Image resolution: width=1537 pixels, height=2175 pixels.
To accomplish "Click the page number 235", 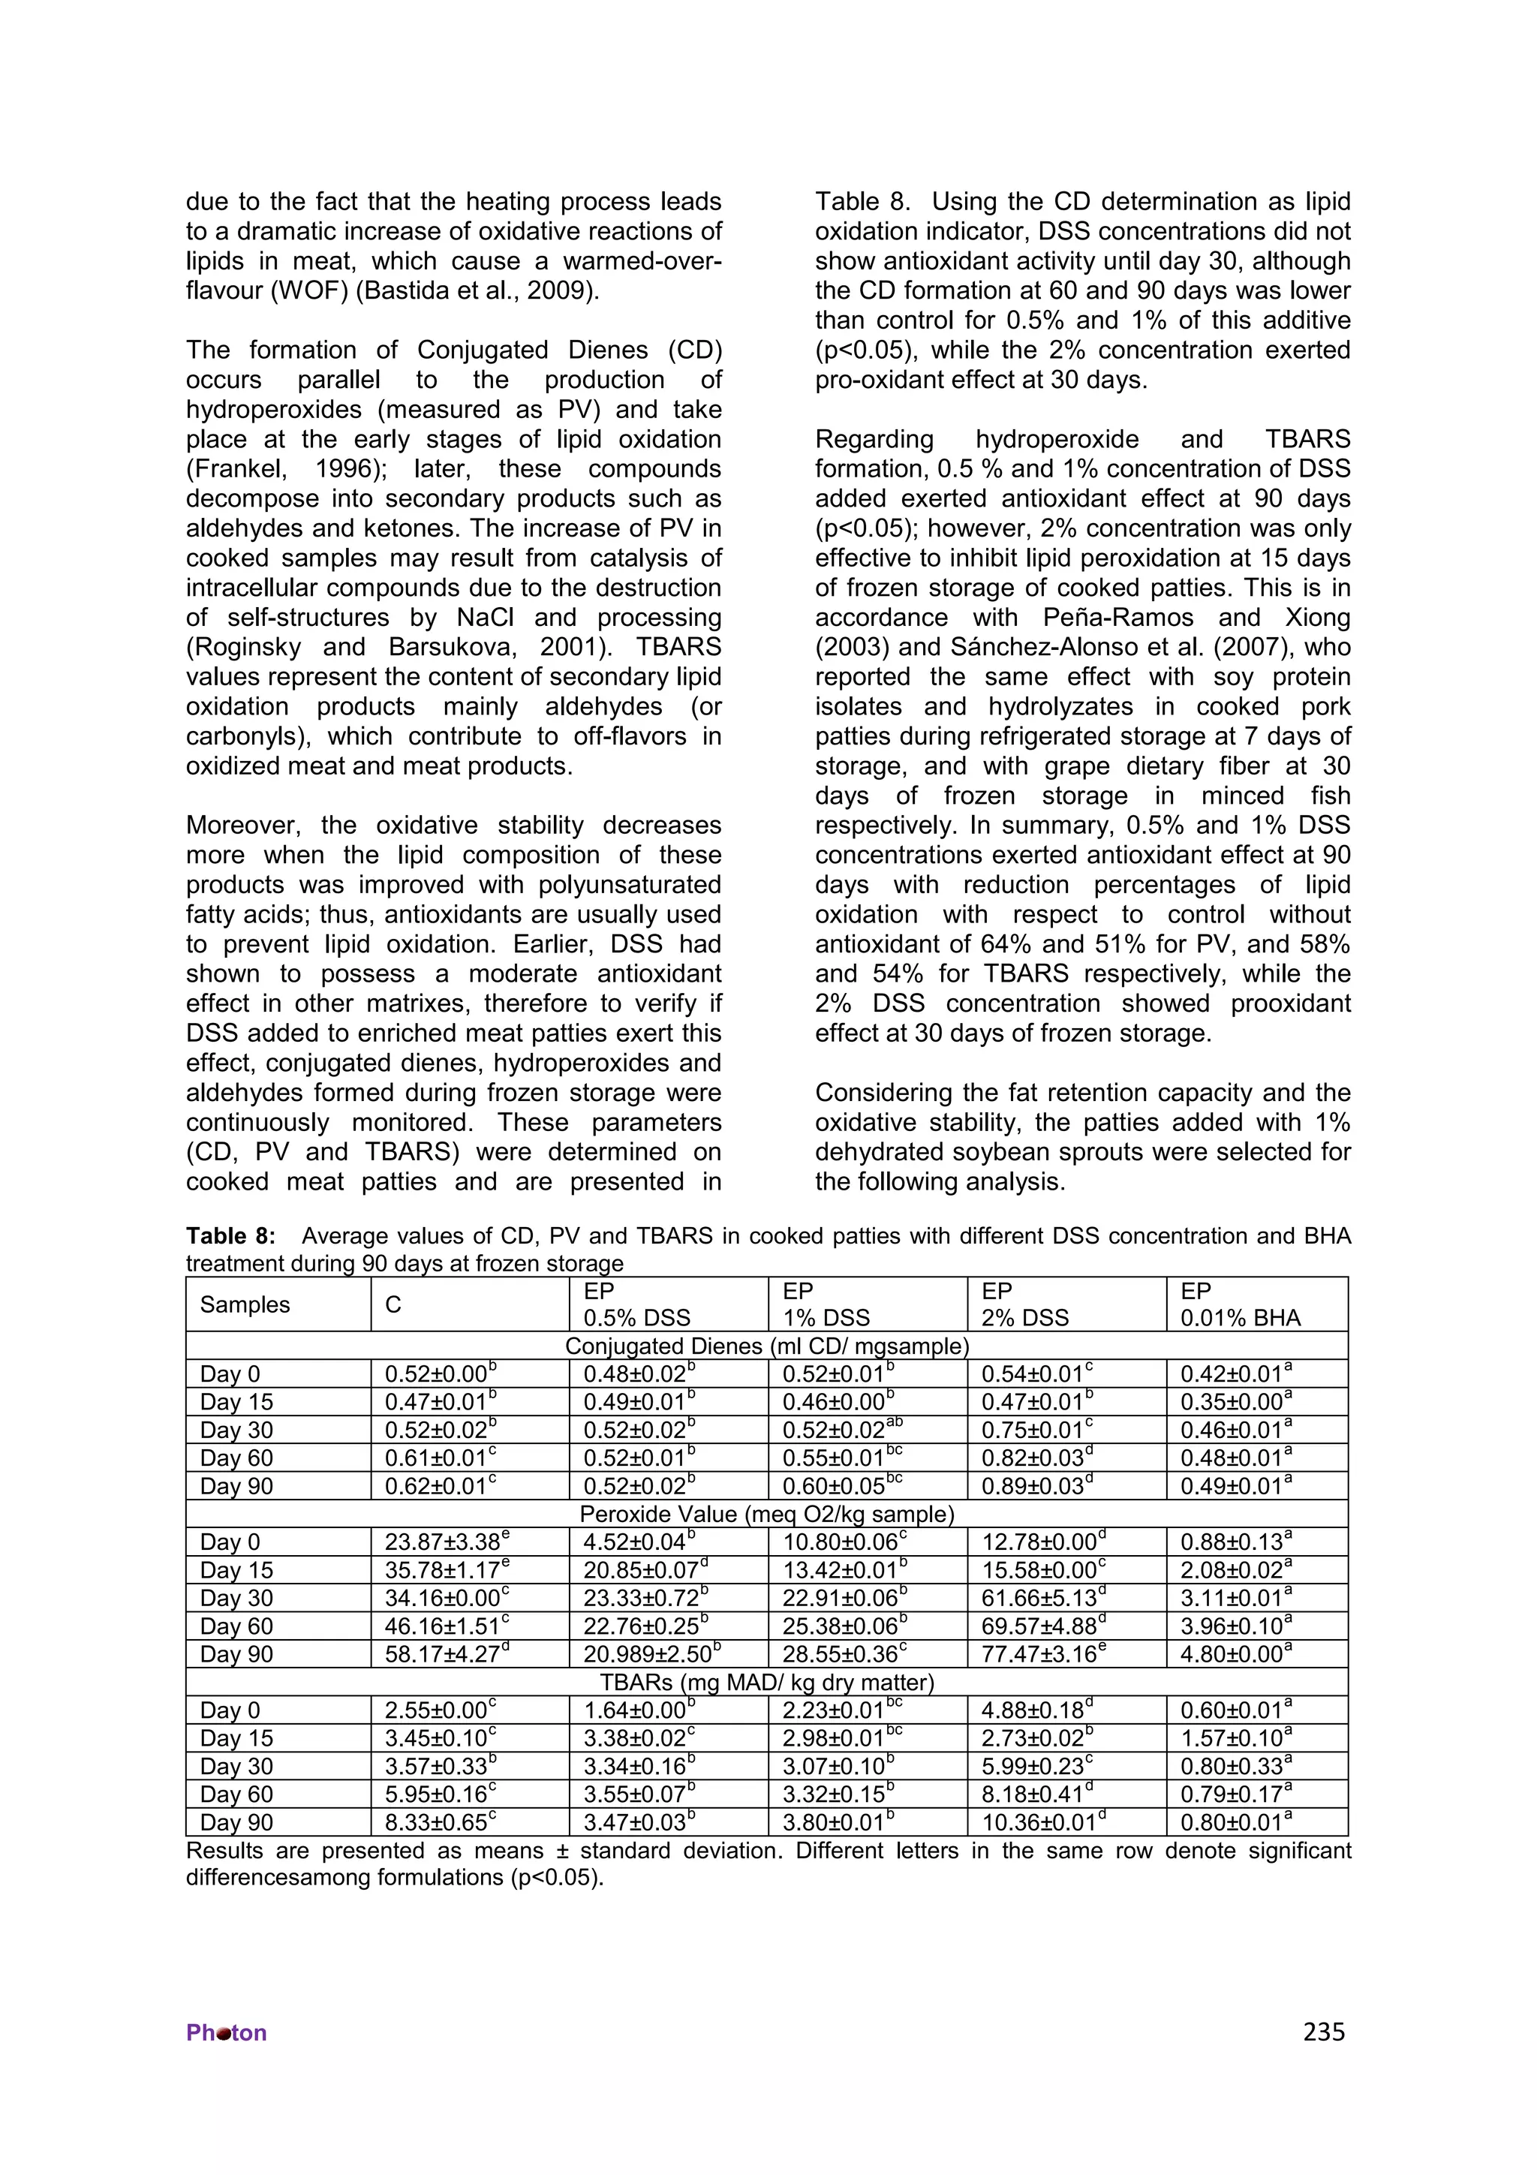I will tap(1323, 2032).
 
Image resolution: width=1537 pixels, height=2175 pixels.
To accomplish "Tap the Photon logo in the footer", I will tap(227, 2033).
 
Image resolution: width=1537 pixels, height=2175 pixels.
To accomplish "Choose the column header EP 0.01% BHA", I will tap(1241, 1304).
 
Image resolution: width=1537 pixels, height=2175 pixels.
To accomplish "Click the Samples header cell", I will tap(245, 1304).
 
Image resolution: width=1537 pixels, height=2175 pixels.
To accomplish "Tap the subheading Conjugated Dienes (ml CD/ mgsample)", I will tap(766, 1346).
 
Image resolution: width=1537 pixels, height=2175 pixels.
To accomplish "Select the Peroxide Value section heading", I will tap(766, 1514).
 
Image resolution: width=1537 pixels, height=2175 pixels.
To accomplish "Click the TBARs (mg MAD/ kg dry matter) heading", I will tap(766, 1683).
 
